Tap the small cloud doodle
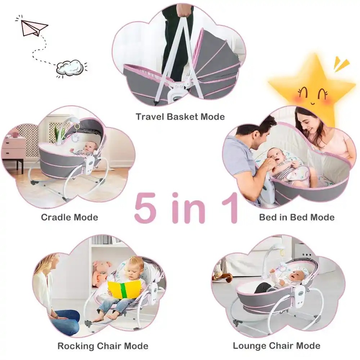click(x=71, y=68)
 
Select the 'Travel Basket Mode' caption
click(x=180, y=117)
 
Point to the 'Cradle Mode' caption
click(x=69, y=217)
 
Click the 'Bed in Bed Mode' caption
click(x=296, y=217)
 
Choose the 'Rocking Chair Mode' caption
click(x=103, y=346)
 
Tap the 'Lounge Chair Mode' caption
click(x=276, y=346)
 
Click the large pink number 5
click(x=146, y=208)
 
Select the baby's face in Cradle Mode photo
click(x=91, y=147)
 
